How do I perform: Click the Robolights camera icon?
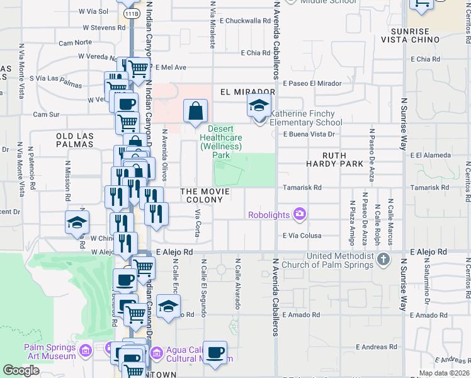click(300, 214)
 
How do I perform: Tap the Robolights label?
click(269, 215)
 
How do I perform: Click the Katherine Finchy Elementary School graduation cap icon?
click(258, 106)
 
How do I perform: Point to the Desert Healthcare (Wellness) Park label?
click(221, 142)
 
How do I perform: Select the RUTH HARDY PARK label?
click(343, 159)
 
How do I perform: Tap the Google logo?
click(21, 370)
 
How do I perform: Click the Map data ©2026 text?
click(444, 373)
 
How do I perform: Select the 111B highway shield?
click(132, 13)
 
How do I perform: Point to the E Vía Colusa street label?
click(302, 236)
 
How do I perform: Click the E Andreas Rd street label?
click(376, 346)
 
